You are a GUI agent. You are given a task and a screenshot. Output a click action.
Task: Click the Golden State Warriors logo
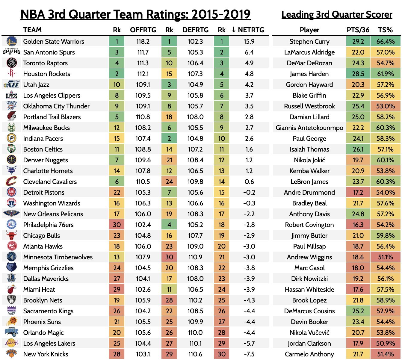(11, 41)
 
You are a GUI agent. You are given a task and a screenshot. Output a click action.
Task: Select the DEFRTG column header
(195, 30)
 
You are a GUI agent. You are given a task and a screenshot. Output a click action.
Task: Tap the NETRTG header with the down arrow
(248, 30)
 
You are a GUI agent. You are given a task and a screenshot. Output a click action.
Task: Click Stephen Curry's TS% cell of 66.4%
(386, 41)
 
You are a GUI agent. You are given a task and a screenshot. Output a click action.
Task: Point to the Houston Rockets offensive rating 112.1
(143, 74)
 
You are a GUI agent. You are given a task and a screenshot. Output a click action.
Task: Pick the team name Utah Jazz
(36, 84)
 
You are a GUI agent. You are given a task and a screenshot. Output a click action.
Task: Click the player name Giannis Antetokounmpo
(309, 128)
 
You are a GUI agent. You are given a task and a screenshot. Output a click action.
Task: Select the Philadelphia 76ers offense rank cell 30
(117, 225)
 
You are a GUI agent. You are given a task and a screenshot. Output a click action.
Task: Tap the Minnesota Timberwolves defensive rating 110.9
(195, 257)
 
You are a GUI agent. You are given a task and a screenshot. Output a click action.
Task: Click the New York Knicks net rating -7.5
(249, 354)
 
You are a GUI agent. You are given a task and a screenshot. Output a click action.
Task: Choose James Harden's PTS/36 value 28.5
(358, 74)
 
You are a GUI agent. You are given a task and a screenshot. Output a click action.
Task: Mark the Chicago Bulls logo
(11, 235)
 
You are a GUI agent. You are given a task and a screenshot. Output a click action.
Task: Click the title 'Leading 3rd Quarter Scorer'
(337, 14)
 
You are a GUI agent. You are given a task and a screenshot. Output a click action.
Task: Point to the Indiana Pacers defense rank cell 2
(169, 138)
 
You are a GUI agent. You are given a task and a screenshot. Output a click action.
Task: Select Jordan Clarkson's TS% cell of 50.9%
(386, 343)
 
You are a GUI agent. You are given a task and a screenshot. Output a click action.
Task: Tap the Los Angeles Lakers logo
(11, 343)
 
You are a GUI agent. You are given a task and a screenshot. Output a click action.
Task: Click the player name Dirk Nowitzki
(309, 279)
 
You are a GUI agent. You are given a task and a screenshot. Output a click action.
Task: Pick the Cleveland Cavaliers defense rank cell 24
(169, 181)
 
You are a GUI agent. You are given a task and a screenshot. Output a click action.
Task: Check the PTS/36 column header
(358, 30)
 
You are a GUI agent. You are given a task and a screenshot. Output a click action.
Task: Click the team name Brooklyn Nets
(43, 300)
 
